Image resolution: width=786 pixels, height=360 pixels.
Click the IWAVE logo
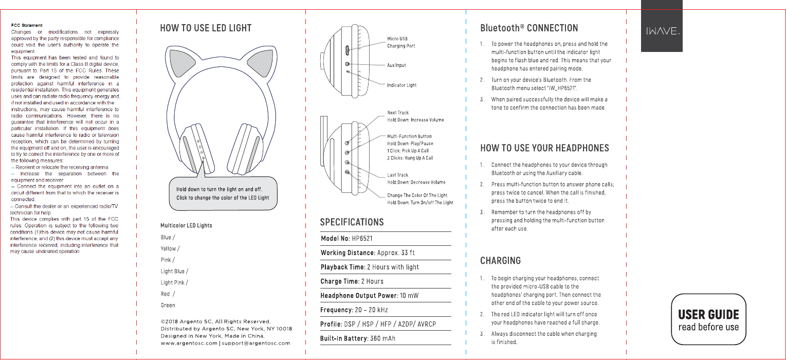pos(662,31)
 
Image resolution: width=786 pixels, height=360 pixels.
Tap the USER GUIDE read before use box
pos(708,320)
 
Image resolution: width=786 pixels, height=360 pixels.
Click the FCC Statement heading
pos(27,25)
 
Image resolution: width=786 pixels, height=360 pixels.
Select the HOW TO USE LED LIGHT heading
pos(206,28)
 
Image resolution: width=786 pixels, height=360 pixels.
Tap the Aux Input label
pos(396,65)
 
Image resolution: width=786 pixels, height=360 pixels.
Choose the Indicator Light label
pos(401,85)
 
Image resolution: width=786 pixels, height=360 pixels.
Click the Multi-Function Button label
pos(409,136)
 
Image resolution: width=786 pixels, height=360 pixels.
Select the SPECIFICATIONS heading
pos(352,222)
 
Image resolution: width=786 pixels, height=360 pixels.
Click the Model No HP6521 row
pos(346,239)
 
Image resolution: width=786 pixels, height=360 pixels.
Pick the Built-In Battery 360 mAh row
pos(358,338)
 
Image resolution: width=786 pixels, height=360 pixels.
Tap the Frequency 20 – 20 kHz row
pos(354,310)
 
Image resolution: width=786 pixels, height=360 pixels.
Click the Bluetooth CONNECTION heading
pos(529,28)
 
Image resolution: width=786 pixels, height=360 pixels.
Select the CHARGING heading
pos(500,261)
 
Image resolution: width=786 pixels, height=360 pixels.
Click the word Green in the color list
pos(168,305)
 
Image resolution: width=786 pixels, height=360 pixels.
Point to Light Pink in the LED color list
pos(173,282)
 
